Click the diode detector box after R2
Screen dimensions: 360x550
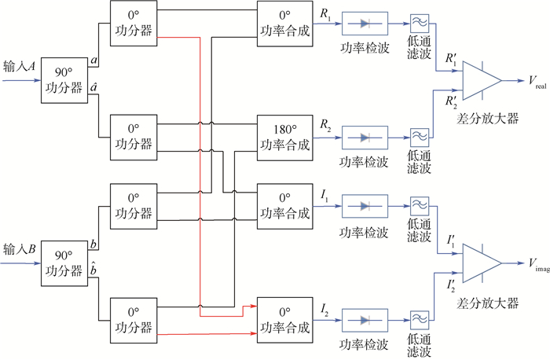tap(364, 137)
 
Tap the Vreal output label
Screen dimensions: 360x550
tap(537, 82)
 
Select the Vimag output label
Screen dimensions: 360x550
tap(537, 263)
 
